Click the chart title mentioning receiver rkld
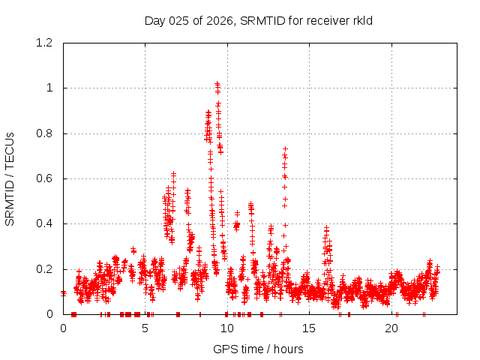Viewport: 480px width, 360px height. click(x=259, y=20)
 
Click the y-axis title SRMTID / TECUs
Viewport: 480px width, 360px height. click(x=10, y=178)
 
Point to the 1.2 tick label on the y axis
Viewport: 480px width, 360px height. click(x=43, y=43)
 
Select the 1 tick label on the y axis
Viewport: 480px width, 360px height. click(x=49, y=88)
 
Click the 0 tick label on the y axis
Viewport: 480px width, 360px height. click(x=49, y=314)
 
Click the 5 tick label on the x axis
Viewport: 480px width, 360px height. click(x=145, y=328)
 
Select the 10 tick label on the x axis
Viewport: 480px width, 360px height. click(x=227, y=328)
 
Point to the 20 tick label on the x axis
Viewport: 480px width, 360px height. click(x=391, y=328)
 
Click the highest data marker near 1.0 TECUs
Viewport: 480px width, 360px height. click(x=217, y=84)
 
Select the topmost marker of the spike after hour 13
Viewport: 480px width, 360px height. click(x=285, y=148)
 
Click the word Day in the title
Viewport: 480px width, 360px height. click(x=155, y=20)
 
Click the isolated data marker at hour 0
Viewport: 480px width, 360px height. click(x=64, y=293)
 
